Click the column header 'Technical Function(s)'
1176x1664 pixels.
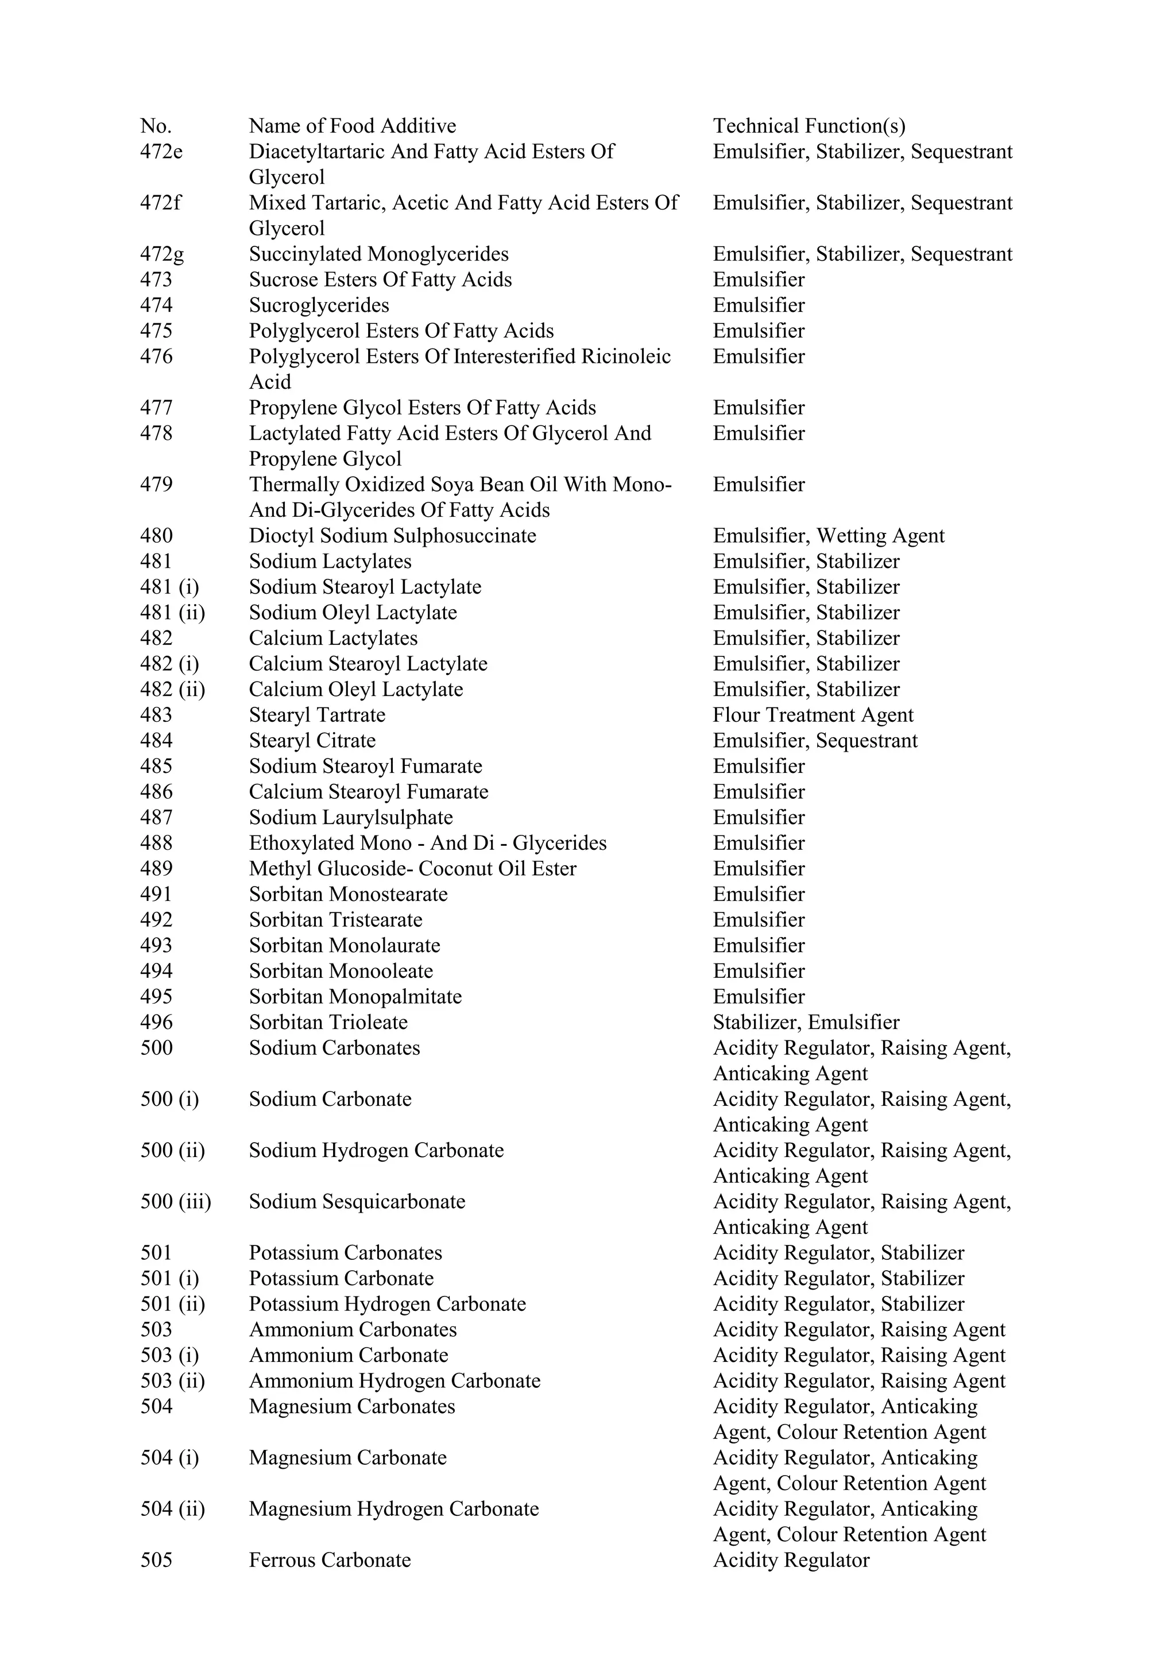(x=808, y=126)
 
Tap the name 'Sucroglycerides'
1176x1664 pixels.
(x=319, y=305)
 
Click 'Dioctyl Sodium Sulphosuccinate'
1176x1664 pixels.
(x=393, y=536)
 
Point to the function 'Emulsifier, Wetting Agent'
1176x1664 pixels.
(x=828, y=536)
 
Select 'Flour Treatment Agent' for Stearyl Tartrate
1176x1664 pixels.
(x=813, y=715)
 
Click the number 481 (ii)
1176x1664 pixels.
(x=172, y=613)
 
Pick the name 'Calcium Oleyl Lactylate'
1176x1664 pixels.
(x=356, y=689)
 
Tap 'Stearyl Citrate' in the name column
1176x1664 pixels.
(x=312, y=741)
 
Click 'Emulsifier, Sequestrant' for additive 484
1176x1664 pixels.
(x=814, y=741)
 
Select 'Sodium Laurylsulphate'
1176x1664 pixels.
(x=351, y=818)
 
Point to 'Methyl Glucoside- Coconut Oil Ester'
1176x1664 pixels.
(x=412, y=868)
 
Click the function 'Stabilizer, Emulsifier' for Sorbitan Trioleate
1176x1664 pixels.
(x=806, y=1022)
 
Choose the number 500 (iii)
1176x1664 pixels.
(x=175, y=1202)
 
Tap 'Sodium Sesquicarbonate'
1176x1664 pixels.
(x=357, y=1202)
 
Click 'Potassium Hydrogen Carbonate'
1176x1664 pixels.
(x=387, y=1304)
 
